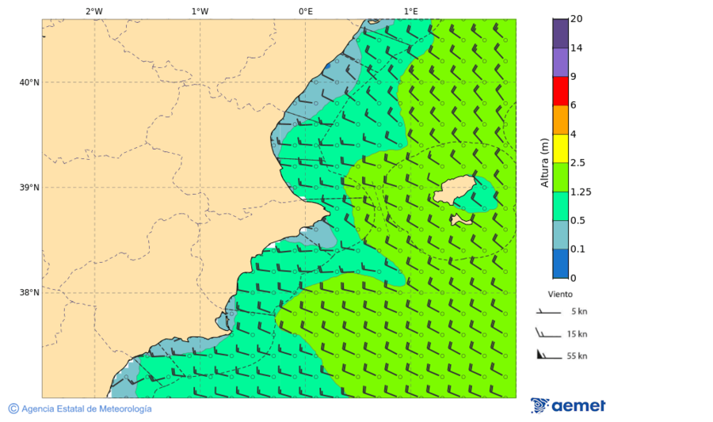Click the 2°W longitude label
pyautogui.click(x=93, y=12)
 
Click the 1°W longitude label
pyautogui.click(x=200, y=12)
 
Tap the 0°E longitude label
pyautogui.click(x=305, y=12)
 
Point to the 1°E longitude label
pyautogui.click(x=410, y=12)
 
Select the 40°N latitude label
pyautogui.click(x=29, y=82)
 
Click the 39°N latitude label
pyautogui.click(x=29, y=188)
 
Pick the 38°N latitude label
pyautogui.click(x=29, y=293)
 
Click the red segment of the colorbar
pyautogui.click(x=560, y=91)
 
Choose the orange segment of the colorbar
pyautogui.click(x=560, y=120)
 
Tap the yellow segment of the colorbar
pyautogui.click(x=560, y=148)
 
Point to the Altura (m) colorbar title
pyautogui.click(x=544, y=162)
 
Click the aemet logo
pyautogui.click(x=568, y=405)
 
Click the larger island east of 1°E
pyautogui.click(x=455, y=191)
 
